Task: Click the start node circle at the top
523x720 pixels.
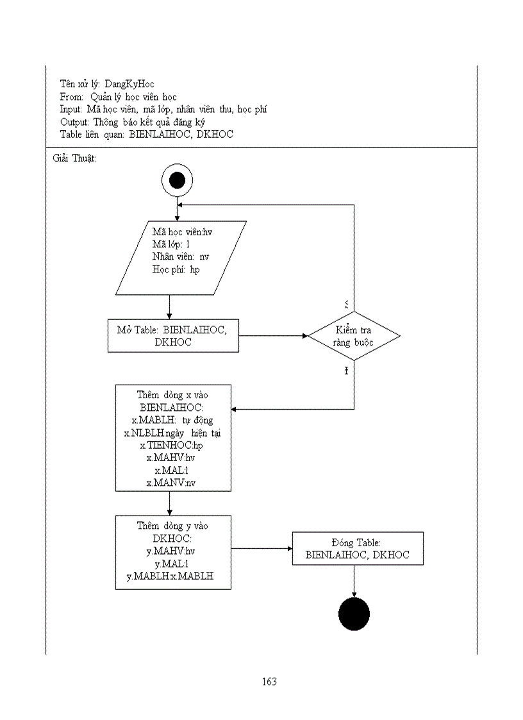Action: tap(177, 180)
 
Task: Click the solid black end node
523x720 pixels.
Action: tap(354, 615)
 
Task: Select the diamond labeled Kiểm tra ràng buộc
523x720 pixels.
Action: tap(354, 336)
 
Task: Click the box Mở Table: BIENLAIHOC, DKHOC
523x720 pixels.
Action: tap(173, 335)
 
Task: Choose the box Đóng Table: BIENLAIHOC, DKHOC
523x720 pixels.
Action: tap(358, 548)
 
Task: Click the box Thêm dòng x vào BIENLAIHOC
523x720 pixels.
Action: tap(173, 438)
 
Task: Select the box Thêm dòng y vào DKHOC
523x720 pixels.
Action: tap(173, 552)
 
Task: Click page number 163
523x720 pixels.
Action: tap(269, 682)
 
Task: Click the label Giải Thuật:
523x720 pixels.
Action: tap(74, 158)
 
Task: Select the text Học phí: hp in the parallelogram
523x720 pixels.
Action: tap(176, 269)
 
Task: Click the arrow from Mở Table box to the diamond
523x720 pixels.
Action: tap(273, 335)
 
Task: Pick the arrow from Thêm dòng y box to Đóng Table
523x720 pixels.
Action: tap(261, 548)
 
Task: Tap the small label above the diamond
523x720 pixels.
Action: tap(347, 303)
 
